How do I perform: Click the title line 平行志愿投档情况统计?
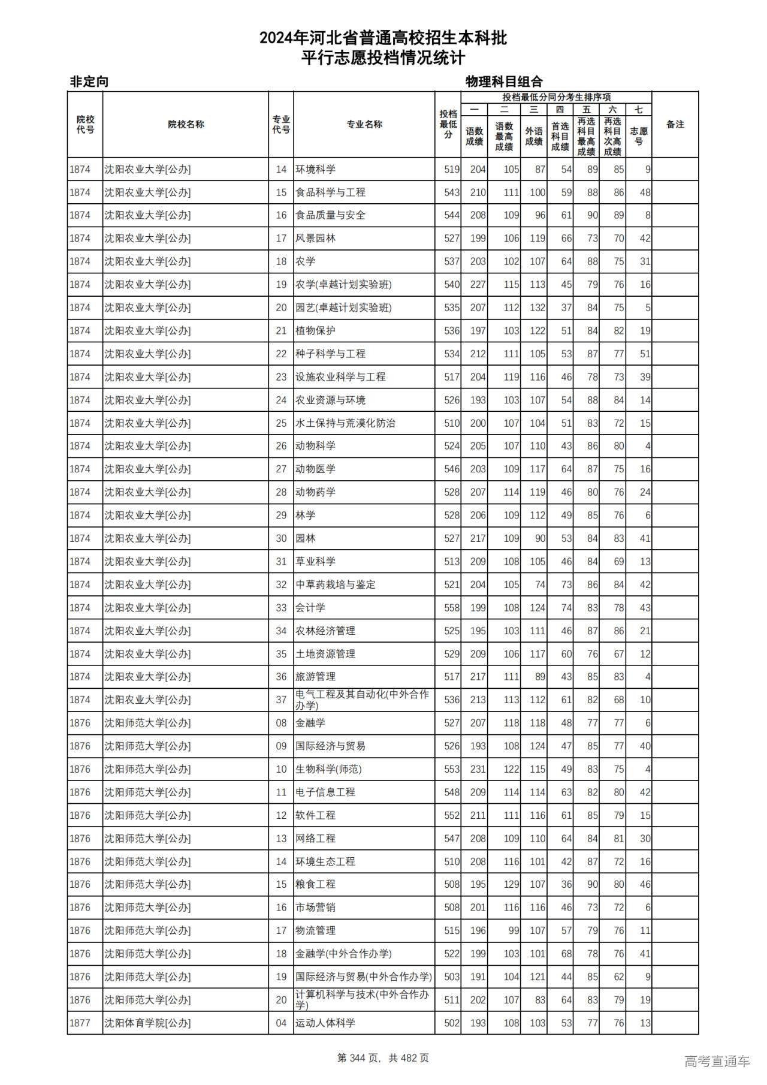[x=383, y=58]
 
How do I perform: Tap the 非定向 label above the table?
[x=89, y=82]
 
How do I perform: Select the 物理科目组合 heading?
[x=504, y=82]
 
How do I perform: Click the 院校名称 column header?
[x=186, y=125]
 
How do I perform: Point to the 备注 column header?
[x=675, y=125]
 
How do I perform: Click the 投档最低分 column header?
[x=448, y=125]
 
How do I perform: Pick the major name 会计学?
[x=310, y=608]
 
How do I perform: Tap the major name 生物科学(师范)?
[x=328, y=769]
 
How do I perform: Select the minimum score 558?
[x=452, y=608]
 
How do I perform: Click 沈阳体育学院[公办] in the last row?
[x=147, y=1023]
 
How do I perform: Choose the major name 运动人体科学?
[x=325, y=1023]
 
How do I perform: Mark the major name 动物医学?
[x=315, y=469]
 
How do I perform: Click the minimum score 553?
[x=452, y=769]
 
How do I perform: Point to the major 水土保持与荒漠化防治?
[x=345, y=423]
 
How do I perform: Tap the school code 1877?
[x=80, y=1023]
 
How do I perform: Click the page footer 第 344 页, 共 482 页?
[x=383, y=1058]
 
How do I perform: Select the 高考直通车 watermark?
[x=717, y=1061]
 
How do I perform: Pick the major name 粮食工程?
[x=315, y=884]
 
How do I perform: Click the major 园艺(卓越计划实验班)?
[x=343, y=308]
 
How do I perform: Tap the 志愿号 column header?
[x=639, y=136]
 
